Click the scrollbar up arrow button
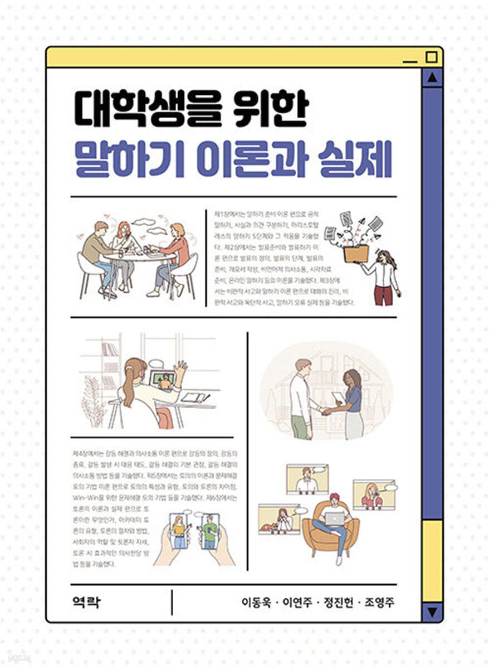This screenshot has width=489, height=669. [x=432, y=79]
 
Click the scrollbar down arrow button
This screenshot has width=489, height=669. [x=432, y=612]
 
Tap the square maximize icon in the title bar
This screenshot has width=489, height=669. [x=431, y=57]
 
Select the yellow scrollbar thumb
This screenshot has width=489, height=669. [x=432, y=560]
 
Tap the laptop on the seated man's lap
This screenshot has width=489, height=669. [x=335, y=519]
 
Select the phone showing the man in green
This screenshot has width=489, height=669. [x=209, y=531]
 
